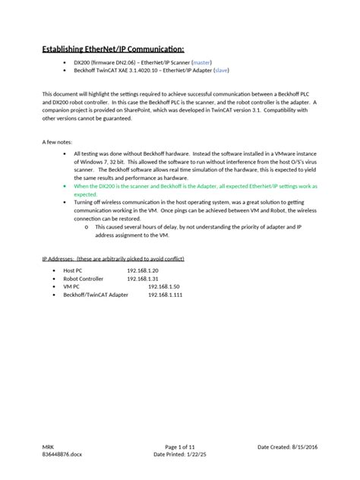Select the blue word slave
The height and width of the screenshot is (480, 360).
[221, 70]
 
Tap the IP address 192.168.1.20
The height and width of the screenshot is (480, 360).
[142, 270]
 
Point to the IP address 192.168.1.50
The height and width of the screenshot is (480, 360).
[163, 286]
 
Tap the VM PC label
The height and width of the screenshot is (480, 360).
[72, 286]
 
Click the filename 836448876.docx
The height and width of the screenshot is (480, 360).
[64, 456]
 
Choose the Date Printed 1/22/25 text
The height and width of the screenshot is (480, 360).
[179, 456]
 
